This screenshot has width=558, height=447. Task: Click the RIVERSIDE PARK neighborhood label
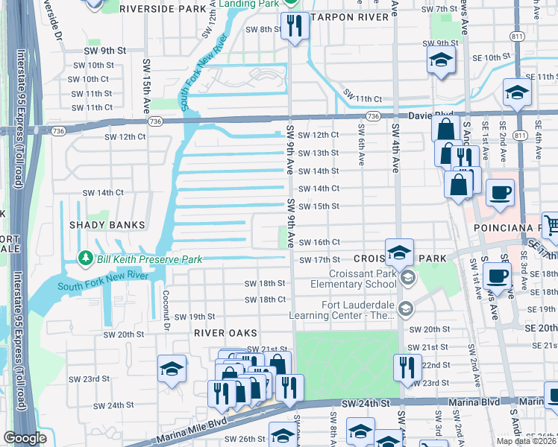click(x=162, y=9)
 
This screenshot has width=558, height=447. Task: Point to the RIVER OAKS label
click(x=226, y=332)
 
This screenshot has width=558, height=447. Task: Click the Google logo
click(x=25, y=438)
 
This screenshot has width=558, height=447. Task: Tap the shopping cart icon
click(x=551, y=224)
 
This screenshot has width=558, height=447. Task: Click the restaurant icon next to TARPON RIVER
click(x=295, y=26)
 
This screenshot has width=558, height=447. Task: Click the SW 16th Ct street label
click(x=319, y=242)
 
